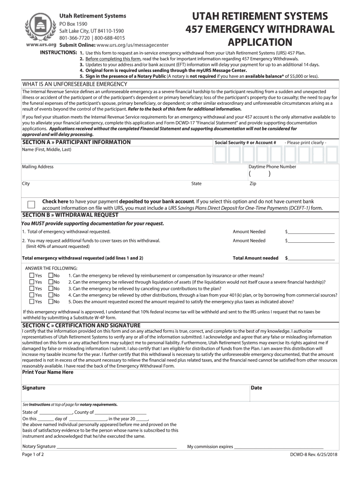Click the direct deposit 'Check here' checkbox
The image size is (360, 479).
(x=31, y=204)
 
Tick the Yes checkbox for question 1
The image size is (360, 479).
(x=32, y=276)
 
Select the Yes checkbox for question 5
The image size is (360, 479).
(x=32, y=302)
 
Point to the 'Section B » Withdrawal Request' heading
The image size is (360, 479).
(x=70, y=215)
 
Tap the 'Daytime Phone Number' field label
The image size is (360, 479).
(x=272, y=167)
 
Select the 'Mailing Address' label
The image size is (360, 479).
(x=37, y=167)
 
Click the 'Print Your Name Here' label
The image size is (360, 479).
(x=48, y=372)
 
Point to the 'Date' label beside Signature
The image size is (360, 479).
(x=256, y=388)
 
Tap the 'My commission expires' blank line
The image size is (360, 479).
(x=279, y=448)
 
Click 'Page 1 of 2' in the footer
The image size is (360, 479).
(x=33, y=455)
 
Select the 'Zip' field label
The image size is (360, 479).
(x=253, y=184)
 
